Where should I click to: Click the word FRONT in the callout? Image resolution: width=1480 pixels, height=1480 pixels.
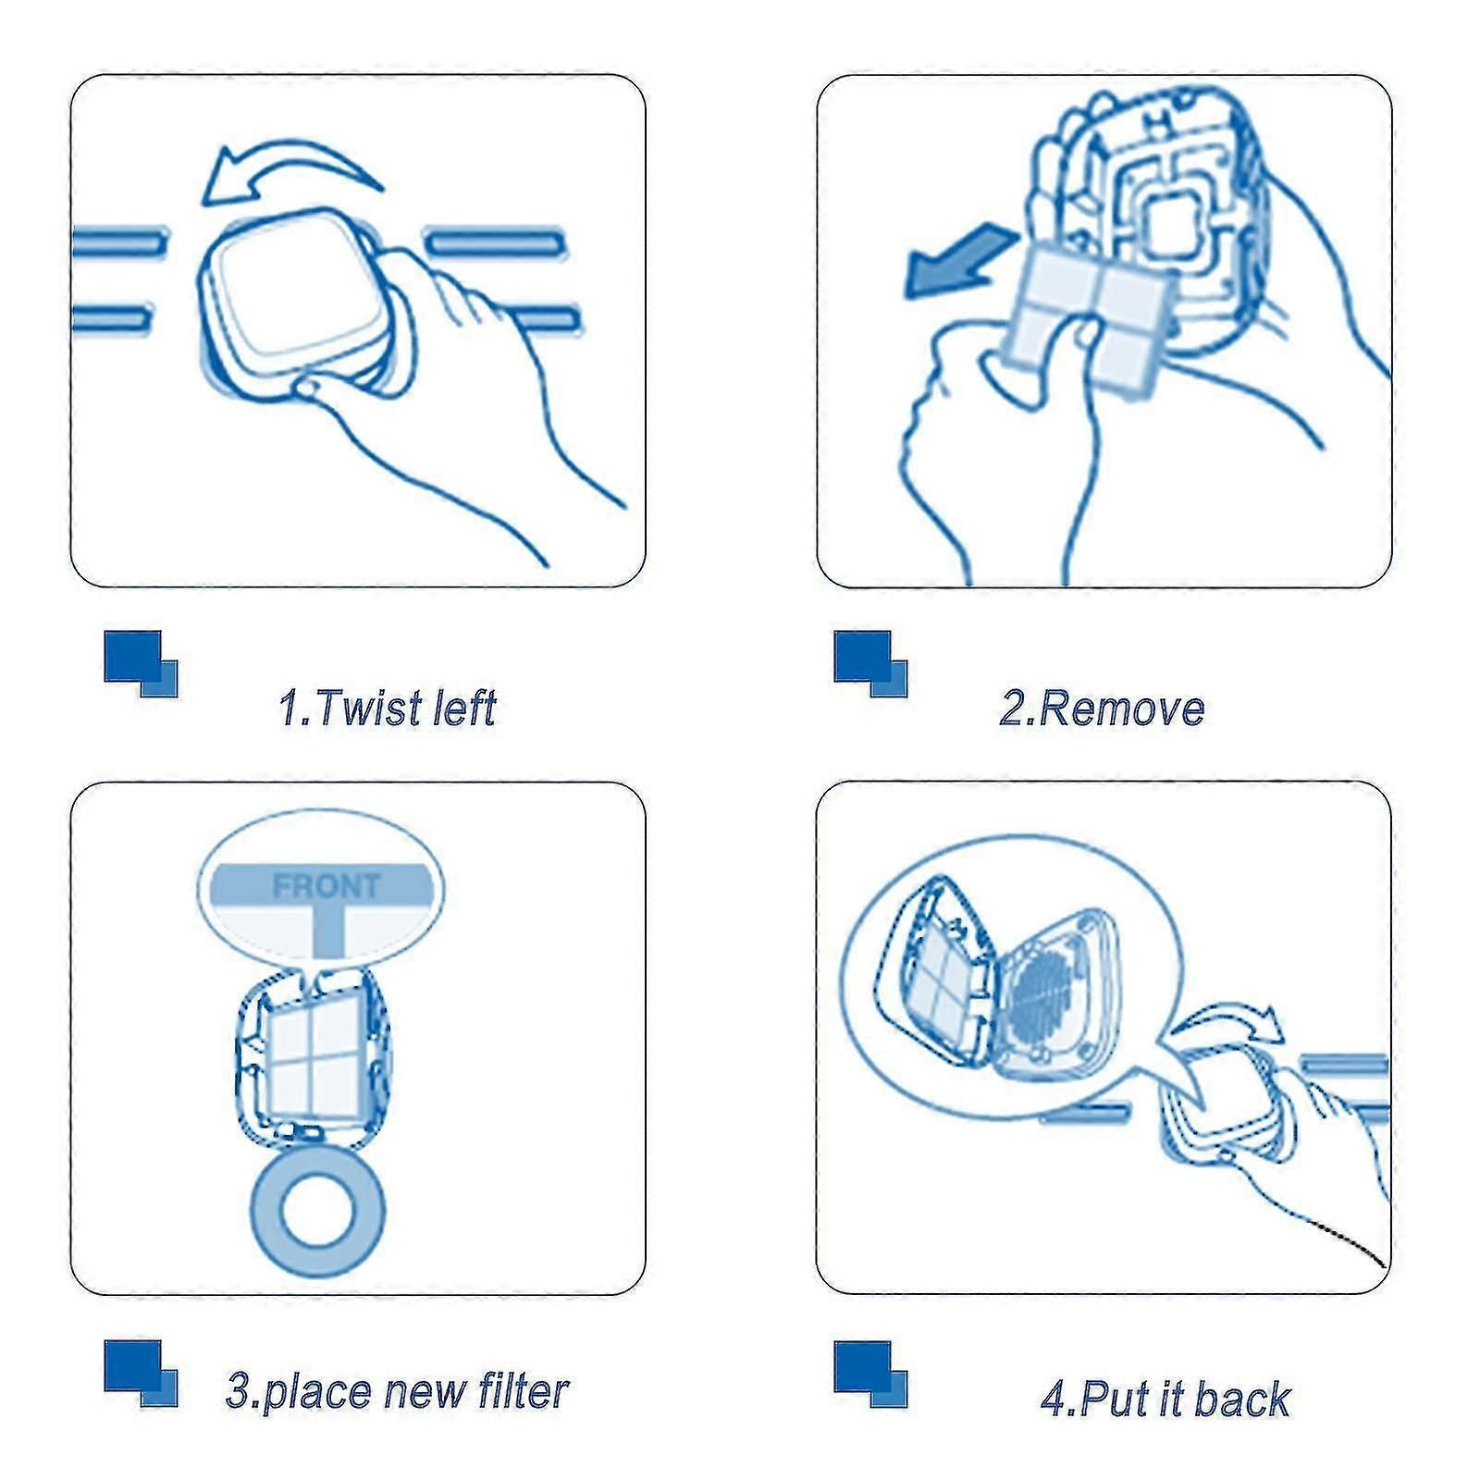(327, 886)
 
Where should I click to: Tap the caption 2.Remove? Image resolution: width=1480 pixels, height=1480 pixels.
(1102, 709)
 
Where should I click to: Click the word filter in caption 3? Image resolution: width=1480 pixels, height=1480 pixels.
(523, 1390)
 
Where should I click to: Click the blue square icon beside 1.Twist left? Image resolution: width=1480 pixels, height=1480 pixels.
(141, 663)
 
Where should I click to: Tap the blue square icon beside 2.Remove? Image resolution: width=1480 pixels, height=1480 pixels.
(870, 663)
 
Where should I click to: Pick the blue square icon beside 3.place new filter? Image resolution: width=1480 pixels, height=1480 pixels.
(141, 1374)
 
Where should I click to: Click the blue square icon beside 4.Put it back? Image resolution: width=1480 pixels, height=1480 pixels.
(870, 1374)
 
